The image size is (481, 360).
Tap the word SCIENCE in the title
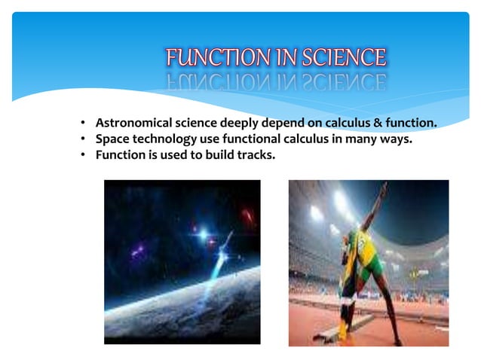[343, 58]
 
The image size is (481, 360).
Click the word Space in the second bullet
[112, 139]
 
